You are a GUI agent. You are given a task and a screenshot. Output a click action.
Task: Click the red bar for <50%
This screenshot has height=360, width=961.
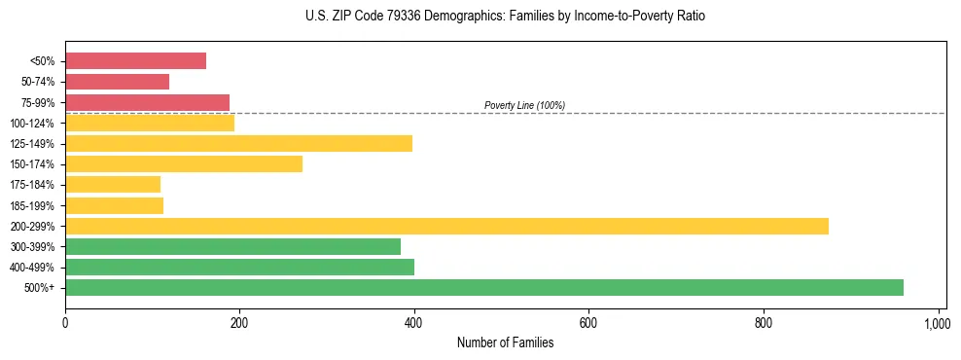click(135, 61)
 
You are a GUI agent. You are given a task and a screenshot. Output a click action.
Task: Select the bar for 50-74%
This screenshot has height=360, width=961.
click(117, 82)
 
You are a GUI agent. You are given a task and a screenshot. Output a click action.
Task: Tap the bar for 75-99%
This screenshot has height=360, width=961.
click(147, 102)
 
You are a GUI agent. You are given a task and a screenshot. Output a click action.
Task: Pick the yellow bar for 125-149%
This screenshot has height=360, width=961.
click(238, 143)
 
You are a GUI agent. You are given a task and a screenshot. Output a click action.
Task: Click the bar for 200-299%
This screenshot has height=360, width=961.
click(446, 226)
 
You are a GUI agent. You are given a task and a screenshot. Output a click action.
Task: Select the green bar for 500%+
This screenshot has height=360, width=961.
click(483, 287)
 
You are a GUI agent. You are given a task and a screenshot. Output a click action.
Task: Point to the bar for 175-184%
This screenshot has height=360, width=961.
click(113, 184)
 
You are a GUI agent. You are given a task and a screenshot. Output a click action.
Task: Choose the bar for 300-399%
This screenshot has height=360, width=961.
click(232, 246)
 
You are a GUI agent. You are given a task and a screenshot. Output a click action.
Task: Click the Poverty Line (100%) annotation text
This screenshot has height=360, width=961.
click(524, 105)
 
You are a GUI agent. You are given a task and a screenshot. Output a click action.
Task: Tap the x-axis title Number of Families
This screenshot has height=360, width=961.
click(506, 342)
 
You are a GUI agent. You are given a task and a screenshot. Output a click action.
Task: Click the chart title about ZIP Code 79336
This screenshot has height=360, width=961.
click(506, 17)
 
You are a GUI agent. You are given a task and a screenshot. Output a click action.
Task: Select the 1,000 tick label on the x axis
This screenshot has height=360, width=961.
click(938, 322)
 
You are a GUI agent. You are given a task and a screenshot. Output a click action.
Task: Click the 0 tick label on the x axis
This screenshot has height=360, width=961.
click(65, 322)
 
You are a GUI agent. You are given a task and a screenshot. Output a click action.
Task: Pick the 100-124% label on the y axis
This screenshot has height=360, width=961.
click(32, 124)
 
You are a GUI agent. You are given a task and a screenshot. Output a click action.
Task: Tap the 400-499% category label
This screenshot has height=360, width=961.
click(32, 268)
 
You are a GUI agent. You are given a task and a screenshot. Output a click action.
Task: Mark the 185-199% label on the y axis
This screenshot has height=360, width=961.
click(32, 205)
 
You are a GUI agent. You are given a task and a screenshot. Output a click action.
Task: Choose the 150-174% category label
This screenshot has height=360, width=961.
click(32, 164)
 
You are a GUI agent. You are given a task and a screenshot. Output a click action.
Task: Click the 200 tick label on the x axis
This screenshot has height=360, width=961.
click(239, 322)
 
